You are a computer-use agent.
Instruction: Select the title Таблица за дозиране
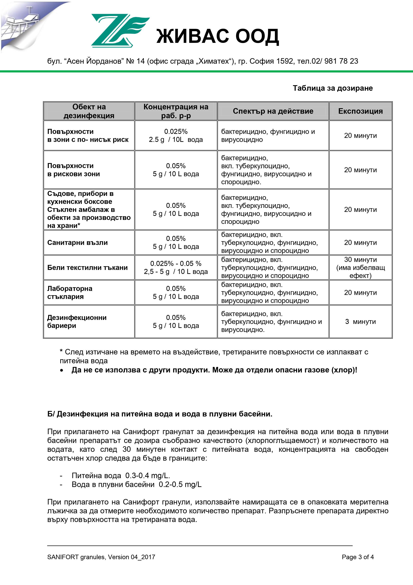tap(333, 88)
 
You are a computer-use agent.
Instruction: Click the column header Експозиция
tap(360, 111)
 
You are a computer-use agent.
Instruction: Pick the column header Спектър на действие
tap(273, 111)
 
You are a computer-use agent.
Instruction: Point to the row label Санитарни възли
tap(77, 243)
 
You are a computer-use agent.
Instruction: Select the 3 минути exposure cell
tap(360, 322)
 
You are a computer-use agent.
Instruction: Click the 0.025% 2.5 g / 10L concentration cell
tap(176, 136)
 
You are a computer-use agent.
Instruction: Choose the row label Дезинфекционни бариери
tap(77, 322)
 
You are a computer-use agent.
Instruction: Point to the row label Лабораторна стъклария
tap(70, 292)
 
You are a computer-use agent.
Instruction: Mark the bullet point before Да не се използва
tap(62, 370)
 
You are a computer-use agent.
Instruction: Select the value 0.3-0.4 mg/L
tap(148, 475)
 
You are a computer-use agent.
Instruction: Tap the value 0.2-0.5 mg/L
tap(180, 484)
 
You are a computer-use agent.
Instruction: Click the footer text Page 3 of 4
tap(358, 557)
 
